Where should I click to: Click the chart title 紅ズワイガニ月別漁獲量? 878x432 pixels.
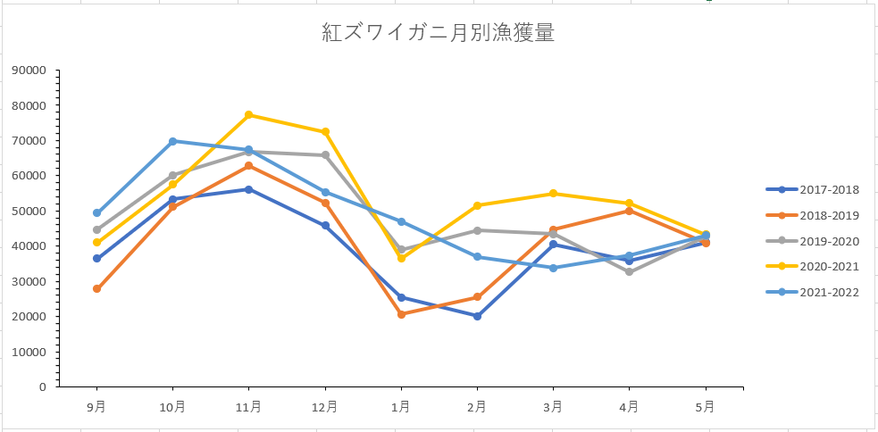438,34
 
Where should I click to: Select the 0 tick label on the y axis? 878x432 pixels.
41,387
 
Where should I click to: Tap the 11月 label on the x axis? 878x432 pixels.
248,407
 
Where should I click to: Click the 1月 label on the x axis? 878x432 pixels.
401,407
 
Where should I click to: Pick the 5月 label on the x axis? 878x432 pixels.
706,407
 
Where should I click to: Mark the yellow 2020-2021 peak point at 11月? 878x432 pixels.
248,115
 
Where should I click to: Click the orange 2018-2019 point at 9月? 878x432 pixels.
96,289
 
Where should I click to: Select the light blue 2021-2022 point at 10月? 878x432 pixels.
172,141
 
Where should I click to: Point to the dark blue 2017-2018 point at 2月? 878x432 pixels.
477,316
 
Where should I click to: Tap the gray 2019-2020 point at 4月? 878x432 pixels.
630,272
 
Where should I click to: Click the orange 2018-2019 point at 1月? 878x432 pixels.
401,314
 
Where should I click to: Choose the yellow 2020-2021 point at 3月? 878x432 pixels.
554,194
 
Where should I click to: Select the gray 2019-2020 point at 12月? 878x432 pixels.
325,155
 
